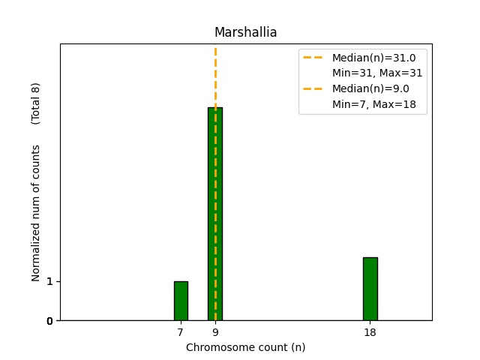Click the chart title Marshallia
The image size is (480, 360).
click(245, 32)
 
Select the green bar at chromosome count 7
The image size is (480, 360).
click(181, 301)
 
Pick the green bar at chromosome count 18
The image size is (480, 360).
click(370, 289)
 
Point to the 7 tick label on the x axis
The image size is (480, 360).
click(181, 332)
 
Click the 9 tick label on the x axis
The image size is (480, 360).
click(215, 332)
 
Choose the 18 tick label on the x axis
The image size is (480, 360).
click(370, 332)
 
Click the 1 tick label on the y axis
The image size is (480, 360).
click(49, 281)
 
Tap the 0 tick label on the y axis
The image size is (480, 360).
click(49, 321)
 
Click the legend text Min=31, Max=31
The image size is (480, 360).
click(377, 73)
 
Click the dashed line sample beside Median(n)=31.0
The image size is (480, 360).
click(313, 57)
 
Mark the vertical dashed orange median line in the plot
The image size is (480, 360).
click(215, 75)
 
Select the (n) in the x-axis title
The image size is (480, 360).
click(298, 347)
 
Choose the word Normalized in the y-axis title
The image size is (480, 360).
click(36, 246)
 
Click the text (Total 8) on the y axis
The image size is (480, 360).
click(36, 103)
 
